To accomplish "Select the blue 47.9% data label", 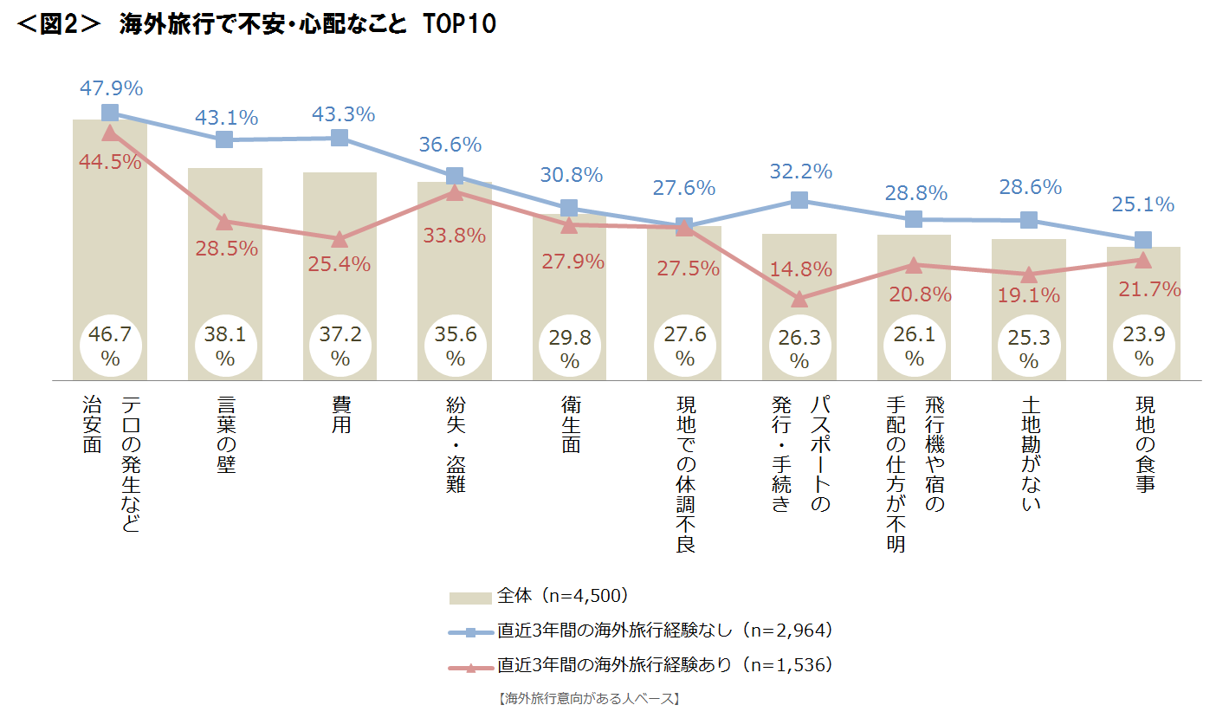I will [111, 88].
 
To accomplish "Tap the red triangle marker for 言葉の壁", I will [224, 222].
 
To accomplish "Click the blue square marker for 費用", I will [340, 138].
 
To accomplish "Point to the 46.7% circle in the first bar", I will [110, 345].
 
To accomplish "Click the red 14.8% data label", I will [800, 268].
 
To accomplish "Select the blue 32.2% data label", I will [800, 171].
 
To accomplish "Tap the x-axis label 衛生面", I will [569, 424].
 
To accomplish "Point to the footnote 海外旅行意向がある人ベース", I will [589, 698].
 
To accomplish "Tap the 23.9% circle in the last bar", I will [1143, 345].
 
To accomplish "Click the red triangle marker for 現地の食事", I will [1143, 259].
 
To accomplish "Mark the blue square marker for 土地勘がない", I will [1029, 220].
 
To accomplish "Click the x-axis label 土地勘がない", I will [1029, 454].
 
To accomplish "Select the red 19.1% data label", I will [1028, 295].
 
